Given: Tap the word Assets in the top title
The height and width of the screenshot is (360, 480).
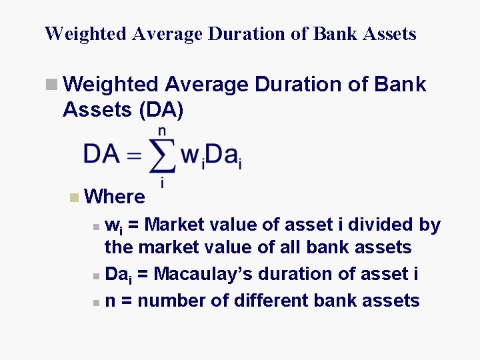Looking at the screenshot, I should pos(387,34).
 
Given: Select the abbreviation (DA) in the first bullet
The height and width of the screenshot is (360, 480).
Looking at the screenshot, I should pos(161,110).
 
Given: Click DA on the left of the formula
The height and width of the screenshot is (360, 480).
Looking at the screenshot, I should pos(101,154).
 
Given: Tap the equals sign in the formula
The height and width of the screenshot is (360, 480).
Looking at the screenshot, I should pos(134,155).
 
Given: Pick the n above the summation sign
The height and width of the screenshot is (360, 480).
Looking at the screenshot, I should pos(162,131).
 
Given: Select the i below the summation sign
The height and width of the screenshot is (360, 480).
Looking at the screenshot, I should pos(162,181).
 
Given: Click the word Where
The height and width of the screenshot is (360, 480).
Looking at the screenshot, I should pos(115,197).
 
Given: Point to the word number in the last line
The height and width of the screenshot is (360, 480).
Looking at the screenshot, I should pos(172,301).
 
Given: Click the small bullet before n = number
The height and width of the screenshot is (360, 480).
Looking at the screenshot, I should pos(97,302).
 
